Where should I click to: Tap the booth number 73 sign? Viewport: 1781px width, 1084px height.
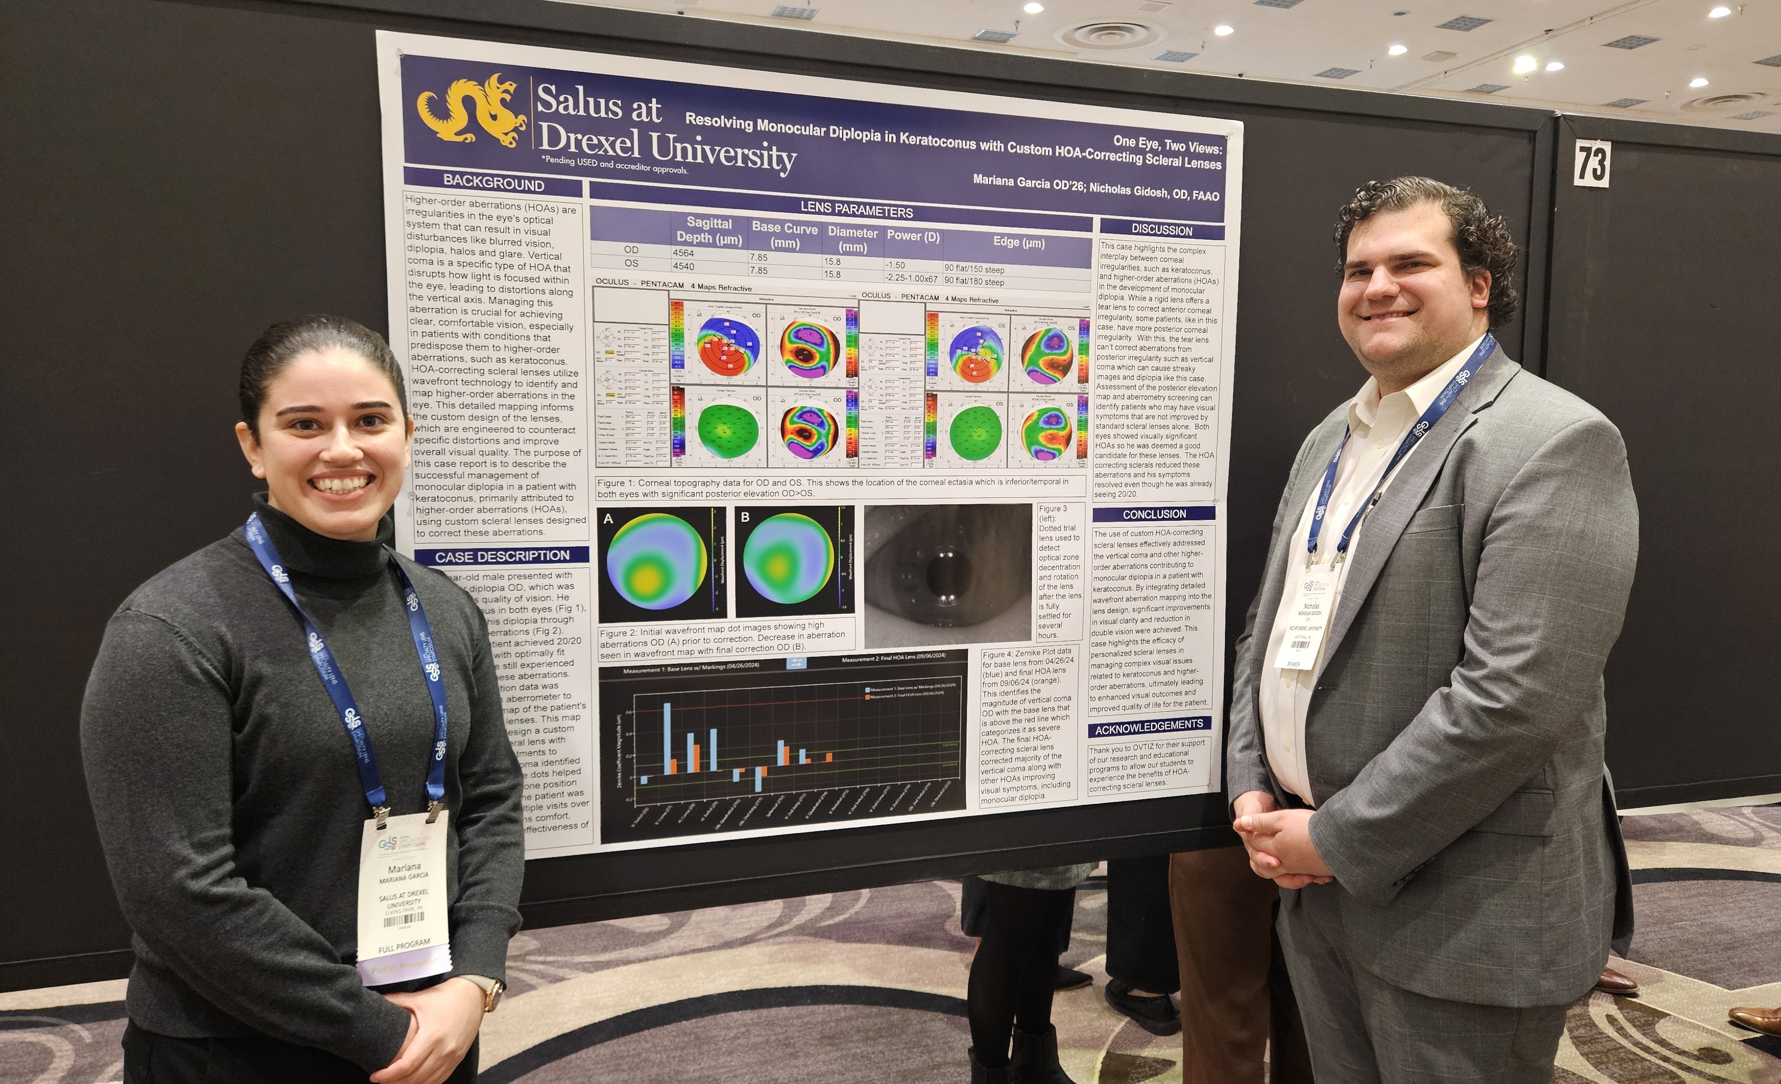[x=1591, y=164]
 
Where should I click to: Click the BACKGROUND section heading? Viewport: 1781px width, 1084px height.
[x=493, y=182]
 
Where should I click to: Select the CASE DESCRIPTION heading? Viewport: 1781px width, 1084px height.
[x=502, y=556]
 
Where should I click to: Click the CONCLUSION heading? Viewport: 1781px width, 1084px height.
[x=1154, y=514]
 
